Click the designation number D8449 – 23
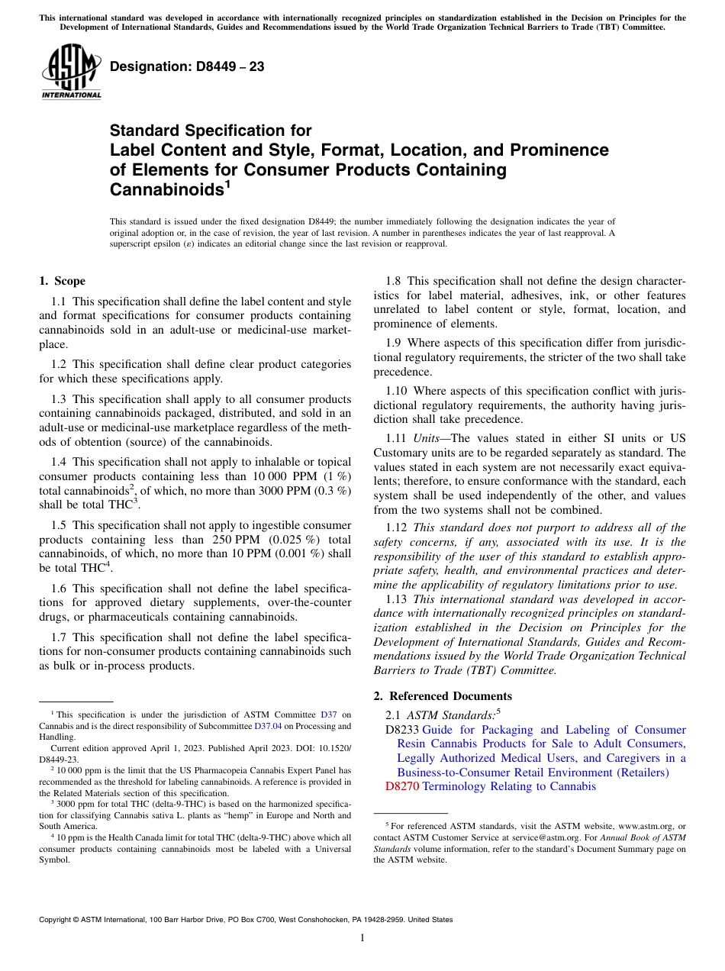187,67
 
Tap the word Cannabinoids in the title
163,188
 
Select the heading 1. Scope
62,281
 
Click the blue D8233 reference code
402,730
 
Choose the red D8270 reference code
402,786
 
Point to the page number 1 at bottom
362,938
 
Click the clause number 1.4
59,462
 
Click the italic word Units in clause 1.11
426,437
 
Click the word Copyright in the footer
61,920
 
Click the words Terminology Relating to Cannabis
509,786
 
